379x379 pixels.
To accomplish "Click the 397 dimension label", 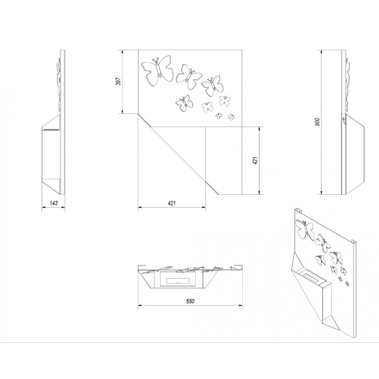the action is (118, 81).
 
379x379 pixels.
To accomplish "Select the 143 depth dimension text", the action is (54, 203).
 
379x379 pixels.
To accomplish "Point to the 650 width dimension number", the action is (190, 301).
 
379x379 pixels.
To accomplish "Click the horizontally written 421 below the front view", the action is (171, 203).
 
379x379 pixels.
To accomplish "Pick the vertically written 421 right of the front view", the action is (255, 161).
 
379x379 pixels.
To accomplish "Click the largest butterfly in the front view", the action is (157, 70).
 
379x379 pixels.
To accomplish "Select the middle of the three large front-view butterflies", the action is (188, 76).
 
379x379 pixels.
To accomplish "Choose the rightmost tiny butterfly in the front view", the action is (231, 117).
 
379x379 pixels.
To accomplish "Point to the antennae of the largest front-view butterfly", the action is (156, 60).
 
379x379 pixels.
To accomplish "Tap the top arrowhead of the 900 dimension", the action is (321, 52).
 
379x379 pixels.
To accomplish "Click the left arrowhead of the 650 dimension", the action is (140, 305).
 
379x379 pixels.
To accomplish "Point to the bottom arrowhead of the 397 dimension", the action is (122, 111).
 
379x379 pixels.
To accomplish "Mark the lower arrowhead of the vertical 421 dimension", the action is (259, 193).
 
